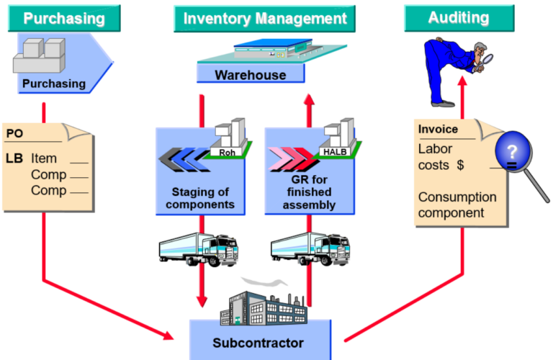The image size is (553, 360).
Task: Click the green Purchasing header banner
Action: click(x=63, y=19)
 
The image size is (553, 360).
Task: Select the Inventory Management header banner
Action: click(x=265, y=19)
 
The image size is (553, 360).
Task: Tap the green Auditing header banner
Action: click(x=459, y=17)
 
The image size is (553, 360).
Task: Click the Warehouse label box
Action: click(x=251, y=75)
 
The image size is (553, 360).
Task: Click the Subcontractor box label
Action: click(x=258, y=343)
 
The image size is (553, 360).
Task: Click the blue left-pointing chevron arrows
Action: click(x=183, y=157)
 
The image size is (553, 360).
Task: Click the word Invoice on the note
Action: click(x=438, y=130)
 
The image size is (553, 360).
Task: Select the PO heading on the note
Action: click(x=14, y=134)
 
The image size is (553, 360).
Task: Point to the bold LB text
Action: click(x=15, y=158)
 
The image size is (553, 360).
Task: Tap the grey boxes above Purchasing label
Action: click(x=40, y=55)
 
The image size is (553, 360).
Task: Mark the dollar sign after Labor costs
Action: click(x=459, y=166)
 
